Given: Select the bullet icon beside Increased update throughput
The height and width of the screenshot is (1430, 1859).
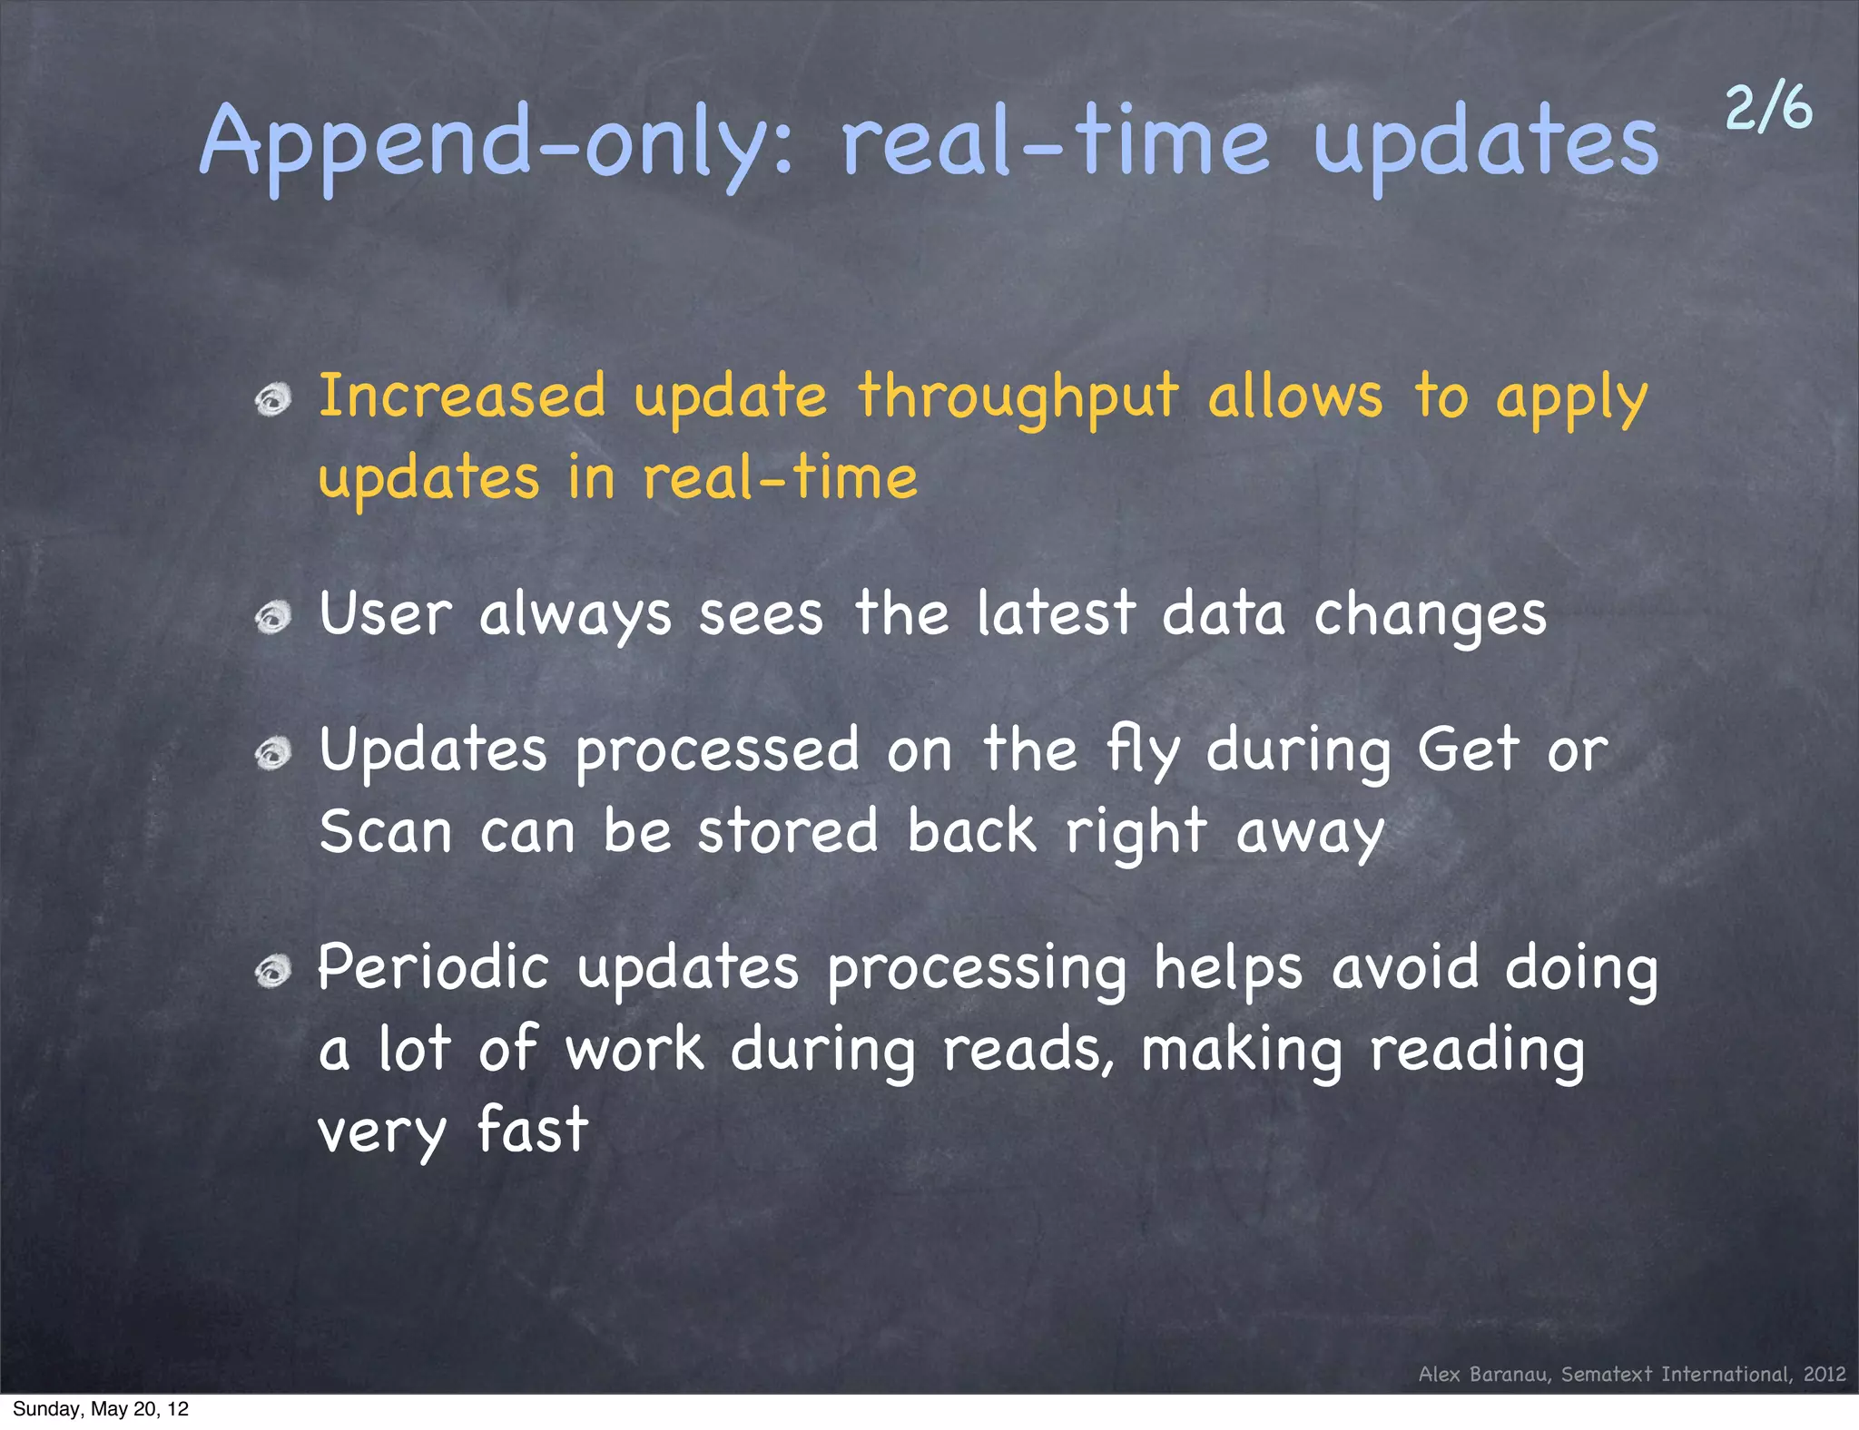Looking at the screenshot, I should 272,399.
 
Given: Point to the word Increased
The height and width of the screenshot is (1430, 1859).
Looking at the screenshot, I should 462,397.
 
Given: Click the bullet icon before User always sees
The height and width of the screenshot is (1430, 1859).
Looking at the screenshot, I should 272,618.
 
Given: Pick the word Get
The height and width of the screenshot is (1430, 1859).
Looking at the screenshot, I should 1468,750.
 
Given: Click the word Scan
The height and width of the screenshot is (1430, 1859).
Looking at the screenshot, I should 386,832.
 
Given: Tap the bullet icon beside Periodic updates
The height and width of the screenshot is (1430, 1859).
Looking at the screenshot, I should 272,972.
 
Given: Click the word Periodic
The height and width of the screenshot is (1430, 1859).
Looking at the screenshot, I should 433,967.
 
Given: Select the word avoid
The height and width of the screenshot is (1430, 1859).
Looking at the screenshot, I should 1405,967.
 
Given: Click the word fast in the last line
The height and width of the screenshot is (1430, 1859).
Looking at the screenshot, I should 533,1130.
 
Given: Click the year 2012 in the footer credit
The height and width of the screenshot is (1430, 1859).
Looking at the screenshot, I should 1825,1374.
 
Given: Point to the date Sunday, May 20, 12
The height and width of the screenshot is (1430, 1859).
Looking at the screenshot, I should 101,1409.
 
